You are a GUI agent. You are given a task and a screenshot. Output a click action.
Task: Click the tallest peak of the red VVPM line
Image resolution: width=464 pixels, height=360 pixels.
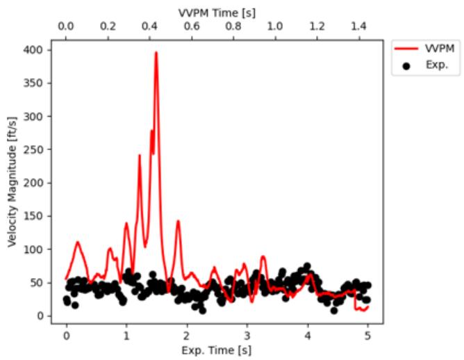point(156,53)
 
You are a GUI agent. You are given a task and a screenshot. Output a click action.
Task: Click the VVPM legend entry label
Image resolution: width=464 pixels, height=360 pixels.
point(440,48)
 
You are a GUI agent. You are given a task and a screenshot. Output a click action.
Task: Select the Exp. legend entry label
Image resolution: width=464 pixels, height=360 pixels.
point(437,65)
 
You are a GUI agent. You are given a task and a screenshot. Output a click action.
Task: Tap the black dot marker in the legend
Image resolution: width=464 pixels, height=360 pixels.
point(406,66)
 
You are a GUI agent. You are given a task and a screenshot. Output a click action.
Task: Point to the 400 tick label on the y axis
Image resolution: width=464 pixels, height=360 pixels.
point(33,50)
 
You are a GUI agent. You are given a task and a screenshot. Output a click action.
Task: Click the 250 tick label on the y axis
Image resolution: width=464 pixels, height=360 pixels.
point(33,150)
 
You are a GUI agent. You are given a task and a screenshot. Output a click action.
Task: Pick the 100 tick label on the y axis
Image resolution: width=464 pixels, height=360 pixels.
point(33,249)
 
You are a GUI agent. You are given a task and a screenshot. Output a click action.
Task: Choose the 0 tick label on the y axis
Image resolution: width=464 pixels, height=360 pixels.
point(40,316)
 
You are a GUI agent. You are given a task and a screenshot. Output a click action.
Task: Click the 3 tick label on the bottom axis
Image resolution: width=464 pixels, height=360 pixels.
point(247,336)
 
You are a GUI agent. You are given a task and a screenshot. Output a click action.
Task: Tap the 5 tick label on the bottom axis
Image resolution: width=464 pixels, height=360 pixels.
point(367,336)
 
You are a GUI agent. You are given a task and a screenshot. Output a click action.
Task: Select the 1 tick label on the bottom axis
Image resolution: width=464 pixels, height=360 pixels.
point(126,336)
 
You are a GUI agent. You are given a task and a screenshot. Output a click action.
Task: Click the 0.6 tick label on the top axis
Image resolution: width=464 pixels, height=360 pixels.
point(192,26)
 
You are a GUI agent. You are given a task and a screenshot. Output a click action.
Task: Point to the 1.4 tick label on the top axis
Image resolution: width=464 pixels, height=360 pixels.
point(358,26)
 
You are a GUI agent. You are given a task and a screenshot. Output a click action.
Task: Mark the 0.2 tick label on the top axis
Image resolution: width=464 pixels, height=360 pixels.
point(108,26)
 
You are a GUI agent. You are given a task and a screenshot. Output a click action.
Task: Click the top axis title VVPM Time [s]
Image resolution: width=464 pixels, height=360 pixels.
point(217,13)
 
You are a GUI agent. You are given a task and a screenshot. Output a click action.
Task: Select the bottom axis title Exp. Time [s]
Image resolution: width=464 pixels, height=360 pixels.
point(217,350)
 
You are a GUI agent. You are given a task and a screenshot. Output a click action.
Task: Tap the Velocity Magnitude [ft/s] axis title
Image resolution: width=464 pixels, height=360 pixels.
point(12,182)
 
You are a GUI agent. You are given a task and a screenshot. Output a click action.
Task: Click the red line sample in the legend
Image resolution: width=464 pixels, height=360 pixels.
point(406,49)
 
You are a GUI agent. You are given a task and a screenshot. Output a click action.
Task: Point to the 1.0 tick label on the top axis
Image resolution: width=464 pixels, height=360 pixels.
point(275,26)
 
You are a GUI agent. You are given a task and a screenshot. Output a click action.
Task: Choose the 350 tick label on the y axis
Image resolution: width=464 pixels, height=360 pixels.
point(33,83)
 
